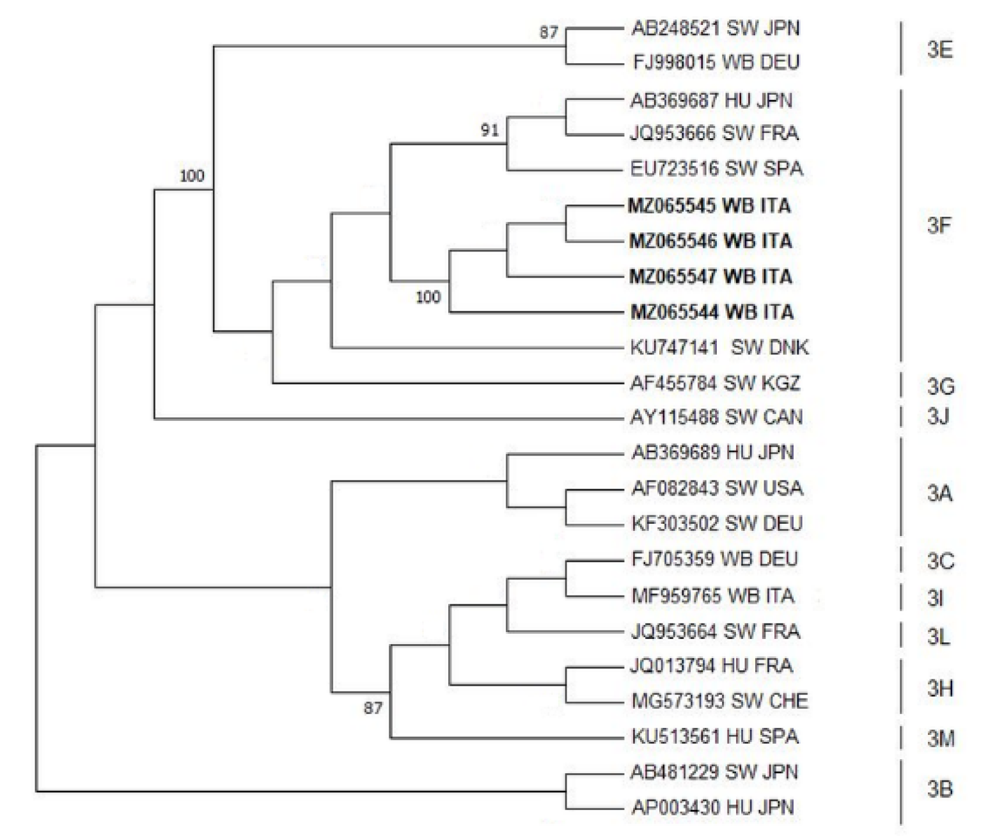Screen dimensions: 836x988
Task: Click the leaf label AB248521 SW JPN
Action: point(715,29)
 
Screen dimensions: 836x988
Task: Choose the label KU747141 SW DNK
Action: point(719,347)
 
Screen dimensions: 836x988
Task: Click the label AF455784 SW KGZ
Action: point(716,383)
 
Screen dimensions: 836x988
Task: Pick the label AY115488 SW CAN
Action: point(716,418)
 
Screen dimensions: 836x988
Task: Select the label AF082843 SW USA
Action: point(717,489)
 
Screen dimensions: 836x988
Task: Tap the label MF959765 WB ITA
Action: point(712,596)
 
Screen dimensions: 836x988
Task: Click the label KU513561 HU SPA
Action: point(715,736)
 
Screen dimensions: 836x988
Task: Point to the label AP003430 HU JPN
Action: point(713,807)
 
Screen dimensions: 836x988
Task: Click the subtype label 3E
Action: point(939,50)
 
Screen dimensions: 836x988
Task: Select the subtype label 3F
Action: point(939,225)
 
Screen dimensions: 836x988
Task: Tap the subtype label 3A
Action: point(939,494)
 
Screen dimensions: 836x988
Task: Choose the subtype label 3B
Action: point(939,789)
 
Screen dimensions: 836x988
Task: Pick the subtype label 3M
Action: point(941,739)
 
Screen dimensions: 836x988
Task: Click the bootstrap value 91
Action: point(490,130)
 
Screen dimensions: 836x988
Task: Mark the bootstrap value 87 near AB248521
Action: point(549,32)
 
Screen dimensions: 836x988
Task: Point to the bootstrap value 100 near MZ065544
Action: point(428,297)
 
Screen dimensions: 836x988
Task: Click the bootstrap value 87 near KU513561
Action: point(373,708)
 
